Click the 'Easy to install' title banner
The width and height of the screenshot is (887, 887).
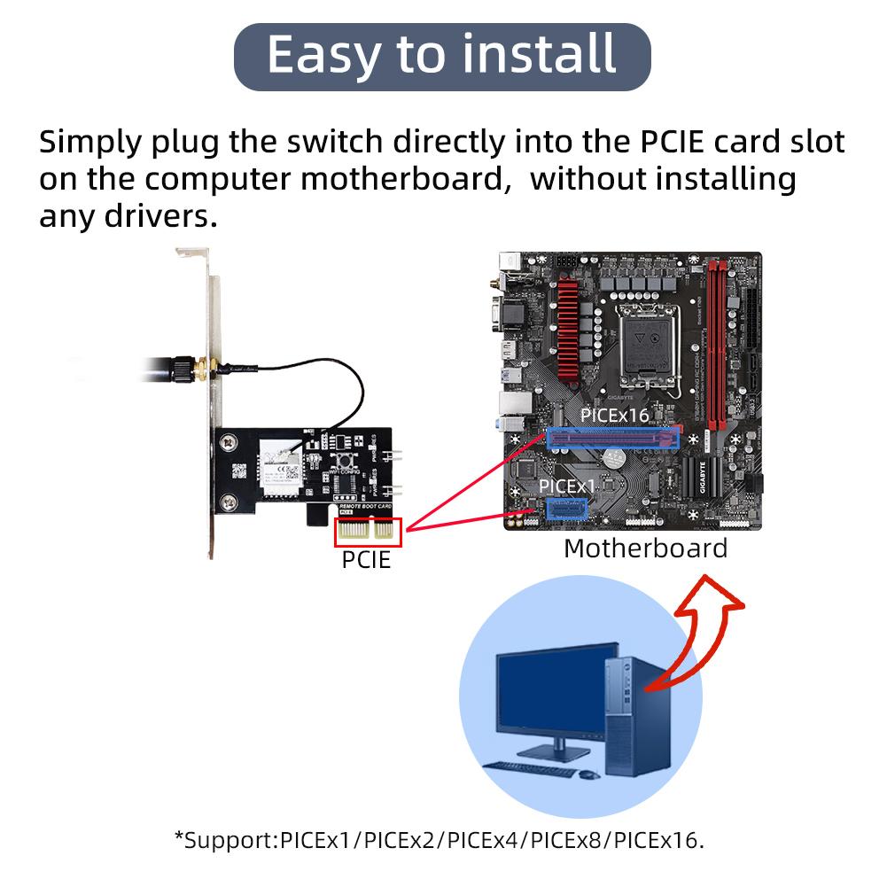[441, 56]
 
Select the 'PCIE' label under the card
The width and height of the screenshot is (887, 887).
[366, 559]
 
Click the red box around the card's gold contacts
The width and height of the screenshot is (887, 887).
[368, 532]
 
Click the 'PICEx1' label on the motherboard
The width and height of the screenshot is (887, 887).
[568, 486]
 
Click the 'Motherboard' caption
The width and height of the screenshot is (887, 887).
[645, 548]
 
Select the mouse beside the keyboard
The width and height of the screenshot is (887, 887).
[586, 774]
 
